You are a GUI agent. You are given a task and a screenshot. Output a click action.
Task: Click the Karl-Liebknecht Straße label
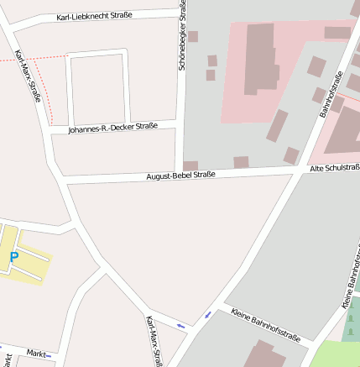94,16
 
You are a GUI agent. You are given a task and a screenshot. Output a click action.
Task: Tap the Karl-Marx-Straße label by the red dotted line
28,76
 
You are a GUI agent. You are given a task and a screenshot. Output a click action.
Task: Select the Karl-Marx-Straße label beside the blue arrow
154,340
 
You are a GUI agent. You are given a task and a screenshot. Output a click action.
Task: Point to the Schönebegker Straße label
183,35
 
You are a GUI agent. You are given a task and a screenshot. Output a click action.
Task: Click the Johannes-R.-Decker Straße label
112,128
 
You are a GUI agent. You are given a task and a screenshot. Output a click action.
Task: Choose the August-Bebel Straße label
180,175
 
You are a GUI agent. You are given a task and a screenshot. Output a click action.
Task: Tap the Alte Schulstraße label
334,168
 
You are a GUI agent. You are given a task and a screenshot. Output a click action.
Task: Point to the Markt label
36,353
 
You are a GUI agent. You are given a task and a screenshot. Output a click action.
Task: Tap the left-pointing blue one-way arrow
180,325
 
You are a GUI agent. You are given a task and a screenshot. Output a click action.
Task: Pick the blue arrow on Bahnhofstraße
208,315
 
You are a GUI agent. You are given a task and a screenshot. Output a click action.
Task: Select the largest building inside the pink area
259,58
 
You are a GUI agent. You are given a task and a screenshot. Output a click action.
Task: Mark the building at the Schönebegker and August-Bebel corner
190,165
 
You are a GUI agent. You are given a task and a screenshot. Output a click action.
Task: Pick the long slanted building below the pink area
277,125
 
